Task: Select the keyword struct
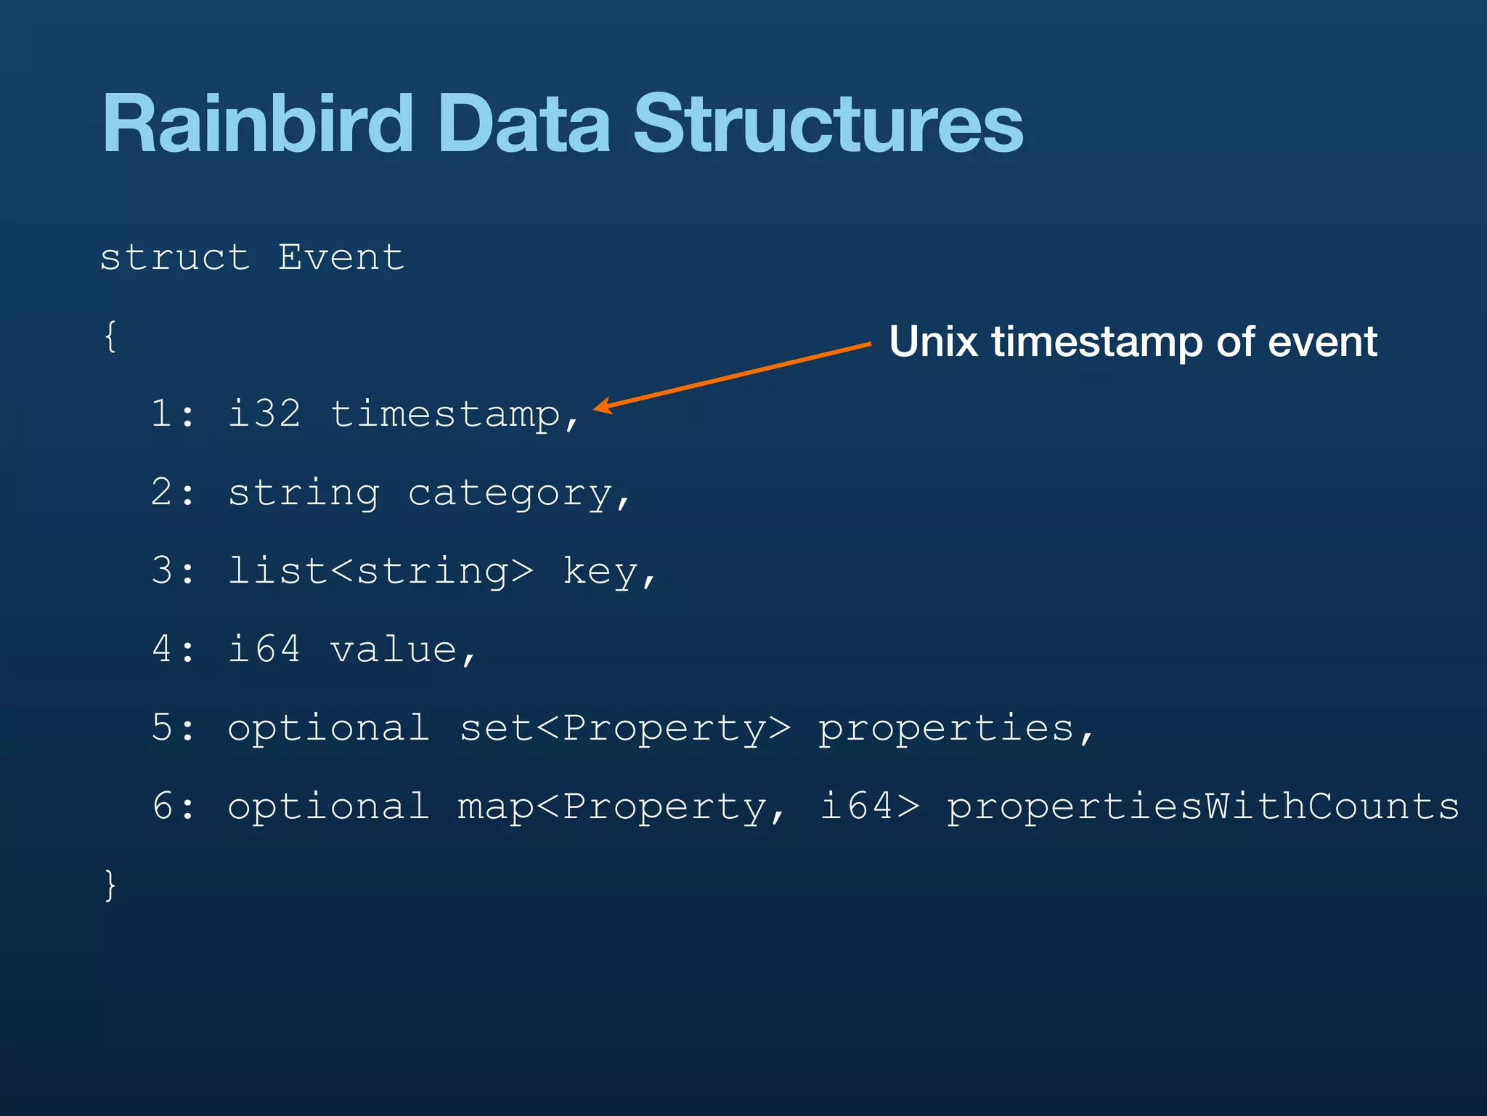pos(174,257)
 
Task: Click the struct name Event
pos(341,257)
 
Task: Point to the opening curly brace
pos(110,336)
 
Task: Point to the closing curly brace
pos(110,884)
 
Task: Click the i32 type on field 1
pos(264,414)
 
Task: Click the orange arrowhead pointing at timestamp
pos(602,407)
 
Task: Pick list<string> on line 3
pos(380,571)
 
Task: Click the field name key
pos(600,572)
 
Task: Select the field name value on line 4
pos(394,650)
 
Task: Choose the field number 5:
pos(173,728)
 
